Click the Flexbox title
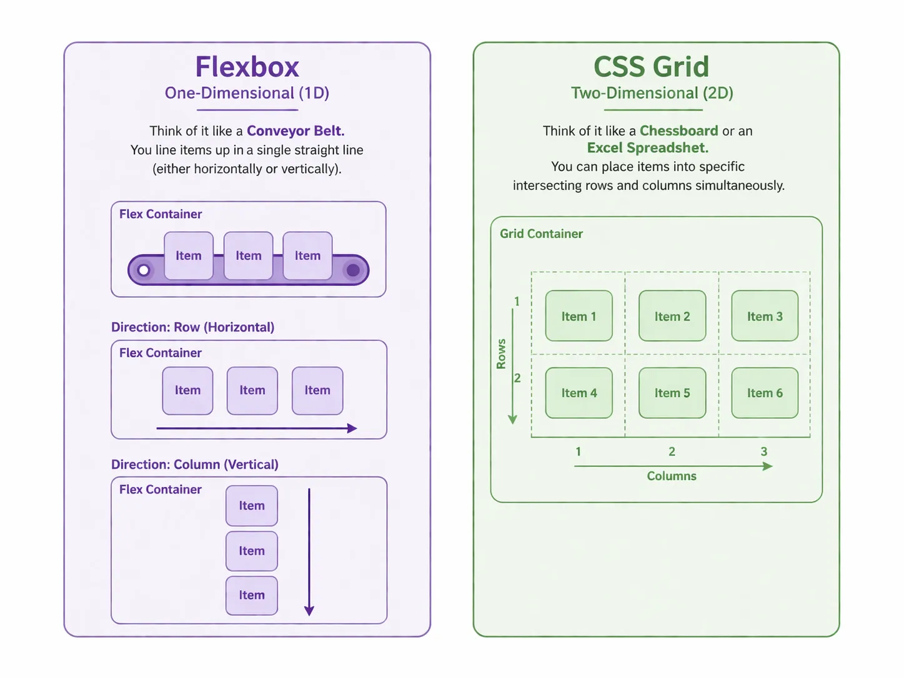tap(247, 67)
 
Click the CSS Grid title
tap(651, 67)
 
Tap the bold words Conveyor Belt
tap(296, 131)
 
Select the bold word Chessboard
tap(678, 131)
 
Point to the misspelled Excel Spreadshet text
tap(647, 148)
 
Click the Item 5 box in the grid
tap(672, 393)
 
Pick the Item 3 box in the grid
tap(765, 316)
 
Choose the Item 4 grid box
tap(579, 393)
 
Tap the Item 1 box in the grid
tap(579, 316)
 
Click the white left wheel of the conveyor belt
tap(144, 270)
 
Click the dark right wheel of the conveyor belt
tap(353, 270)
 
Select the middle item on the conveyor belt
tap(249, 255)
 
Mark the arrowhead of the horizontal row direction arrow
tap(352, 428)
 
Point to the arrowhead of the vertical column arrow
tap(309, 611)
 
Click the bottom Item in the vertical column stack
tap(252, 596)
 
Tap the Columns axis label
tap(672, 476)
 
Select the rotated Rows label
tap(501, 354)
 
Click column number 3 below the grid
tap(763, 451)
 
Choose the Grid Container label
tap(541, 234)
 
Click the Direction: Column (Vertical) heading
tap(195, 464)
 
